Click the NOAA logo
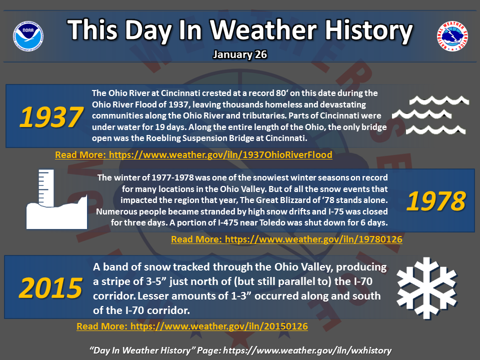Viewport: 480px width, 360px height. (x=28, y=36)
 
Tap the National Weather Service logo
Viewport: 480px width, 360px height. (x=452, y=36)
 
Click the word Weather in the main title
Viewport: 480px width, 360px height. (x=263, y=30)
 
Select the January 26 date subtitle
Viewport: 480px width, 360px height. (x=240, y=54)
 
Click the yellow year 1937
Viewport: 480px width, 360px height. (x=51, y=117)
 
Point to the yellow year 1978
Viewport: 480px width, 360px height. (x=436, y=201)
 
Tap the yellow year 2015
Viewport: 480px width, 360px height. (x=51, y=288)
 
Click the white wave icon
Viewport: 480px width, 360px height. (x=430, y=115)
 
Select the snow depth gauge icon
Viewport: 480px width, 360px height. (x=56, y=199)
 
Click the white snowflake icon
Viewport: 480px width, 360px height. (x=426, y=288)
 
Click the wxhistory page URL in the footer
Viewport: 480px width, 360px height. (x=307, y=350)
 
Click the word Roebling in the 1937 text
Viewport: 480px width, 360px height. (x=163, y=138)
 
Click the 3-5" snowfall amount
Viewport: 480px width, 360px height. (x=156, y=281)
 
